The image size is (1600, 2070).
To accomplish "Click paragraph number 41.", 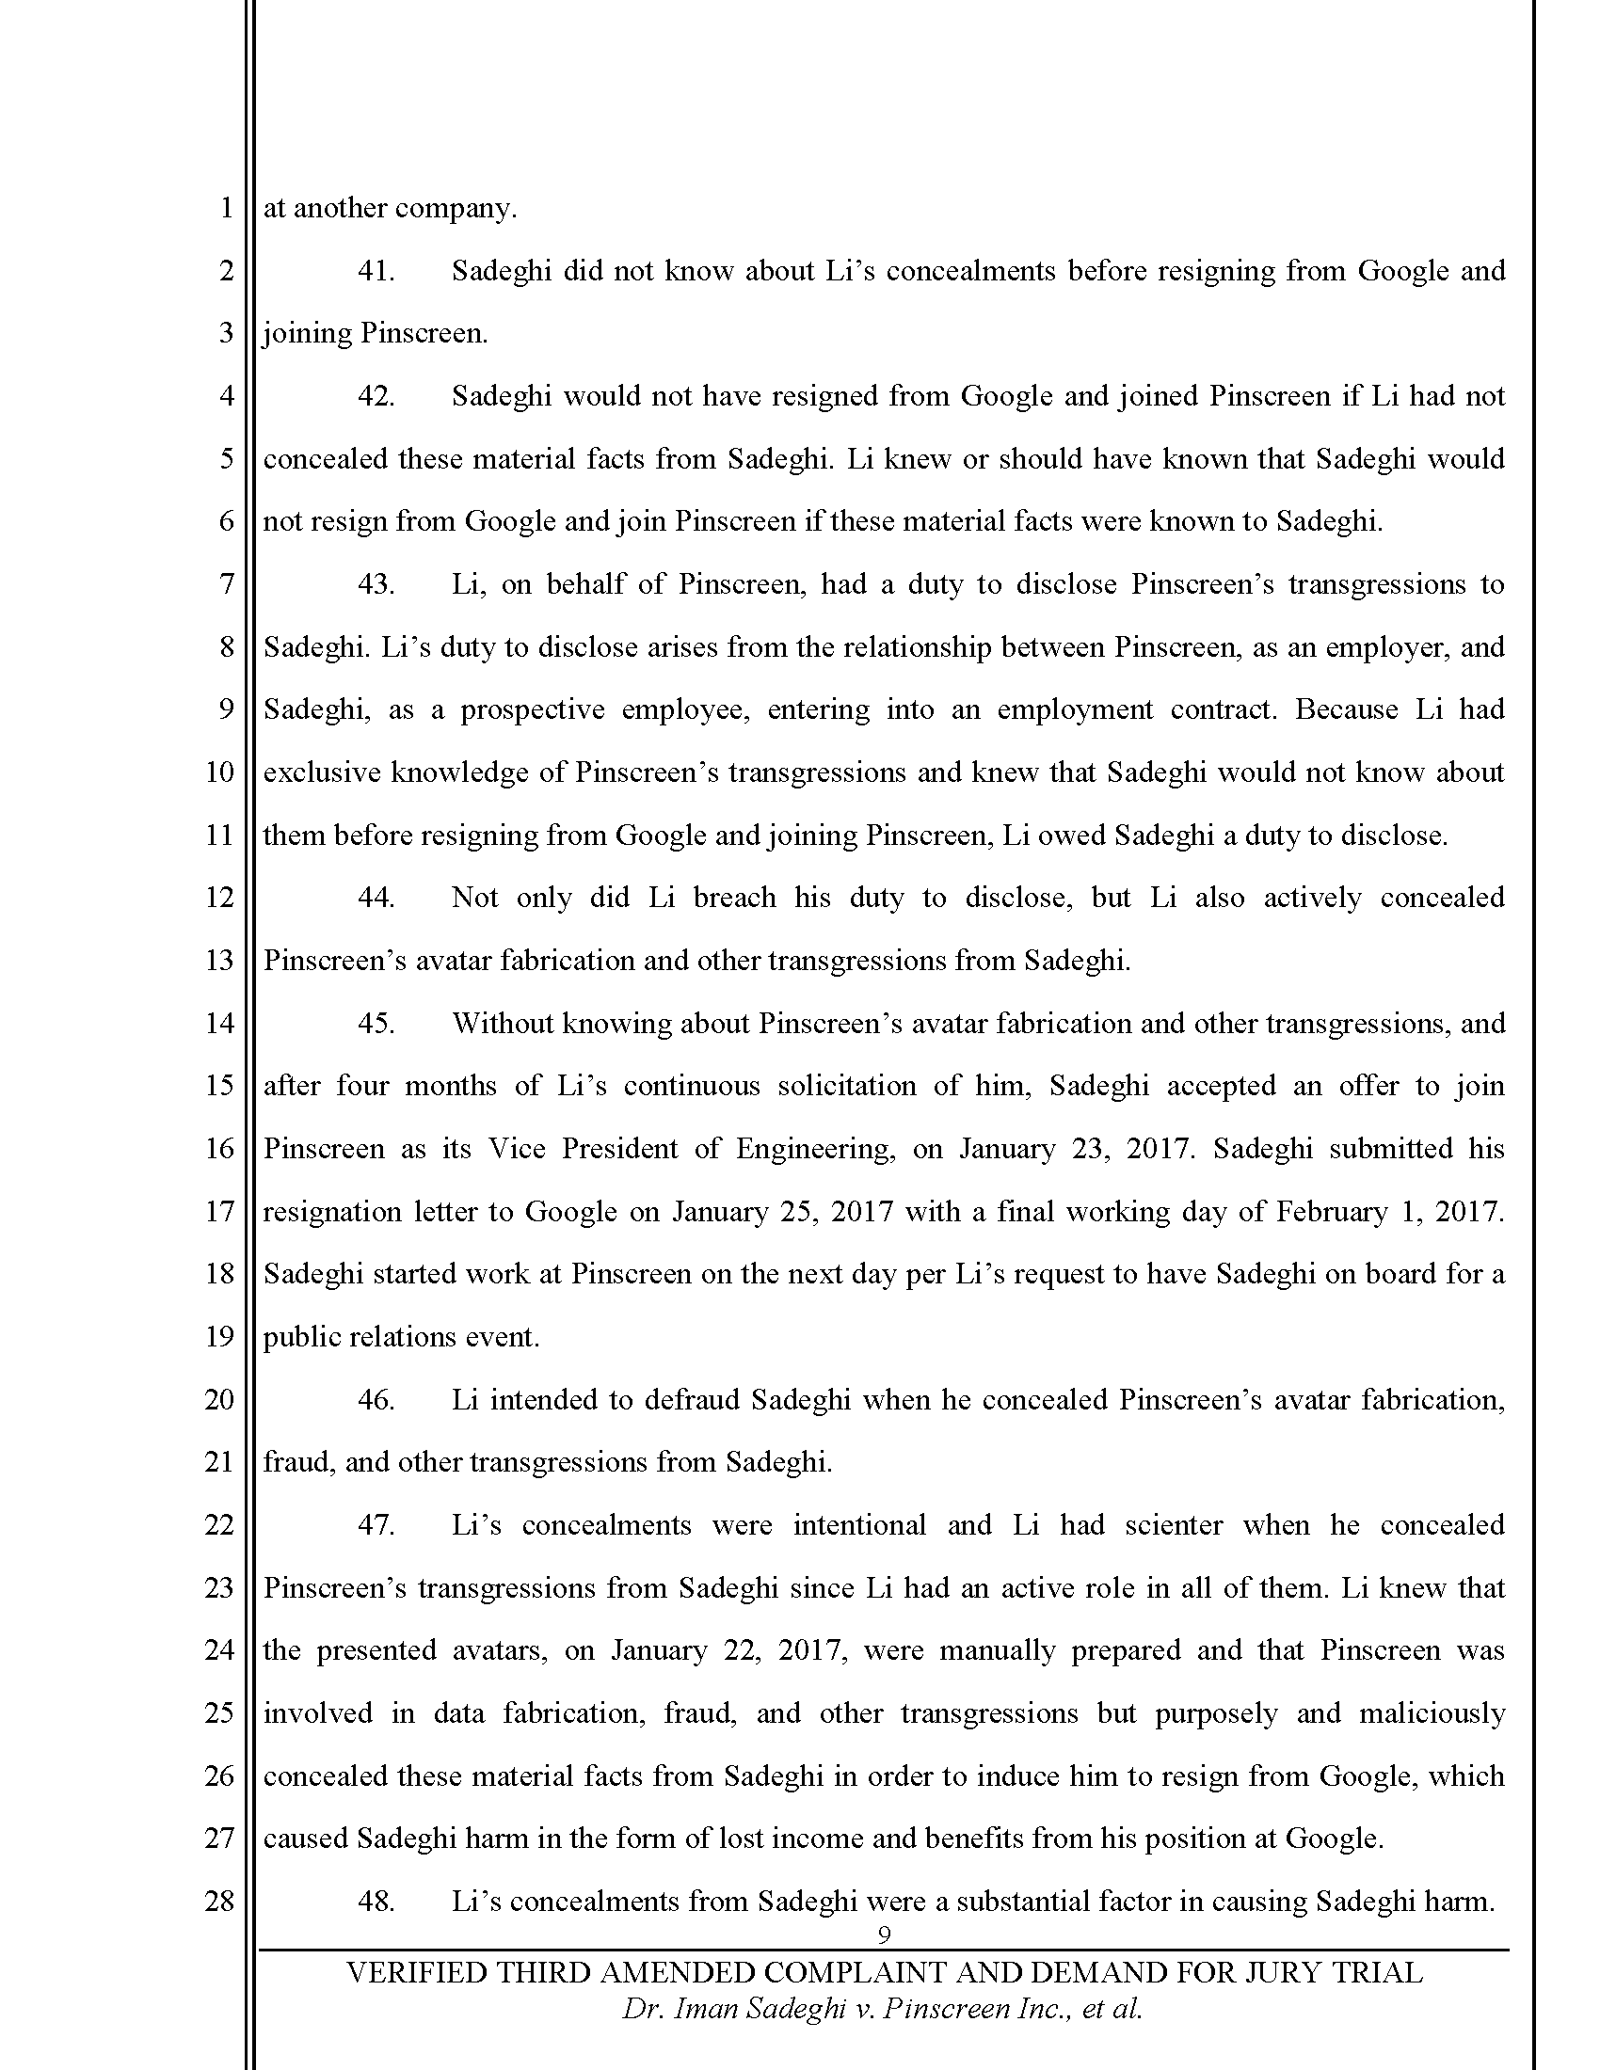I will pos(376,271).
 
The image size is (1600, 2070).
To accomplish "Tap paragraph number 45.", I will pos(376,1024).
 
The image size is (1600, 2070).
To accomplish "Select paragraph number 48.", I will pos(376,1902).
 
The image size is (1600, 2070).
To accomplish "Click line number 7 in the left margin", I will pos(226,584).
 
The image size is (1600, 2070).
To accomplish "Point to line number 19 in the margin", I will pos(219,1336).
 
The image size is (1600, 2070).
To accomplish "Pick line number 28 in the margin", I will pos(219,1902).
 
